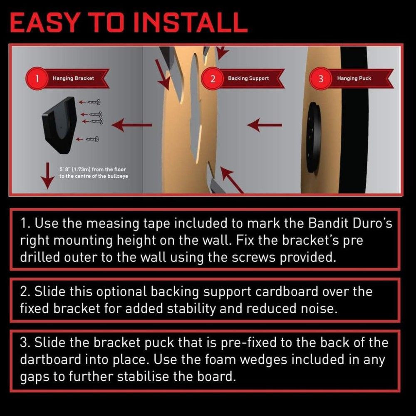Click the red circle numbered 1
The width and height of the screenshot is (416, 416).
coord(37,79)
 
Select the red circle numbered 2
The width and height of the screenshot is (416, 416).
coord(213,79)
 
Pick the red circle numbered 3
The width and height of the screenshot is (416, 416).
coord(321,79)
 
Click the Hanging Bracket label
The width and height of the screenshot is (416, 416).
coord(73,78)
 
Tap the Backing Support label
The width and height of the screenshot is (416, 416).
coord(248,78)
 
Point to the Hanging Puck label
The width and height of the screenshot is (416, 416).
coord(354,78)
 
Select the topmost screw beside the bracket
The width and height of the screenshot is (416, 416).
coord(94,102)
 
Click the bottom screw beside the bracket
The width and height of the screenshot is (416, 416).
coord(92,139)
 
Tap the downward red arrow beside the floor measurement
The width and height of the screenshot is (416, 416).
coord(47,176)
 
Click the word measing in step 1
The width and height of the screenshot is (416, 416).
coord(113,223)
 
